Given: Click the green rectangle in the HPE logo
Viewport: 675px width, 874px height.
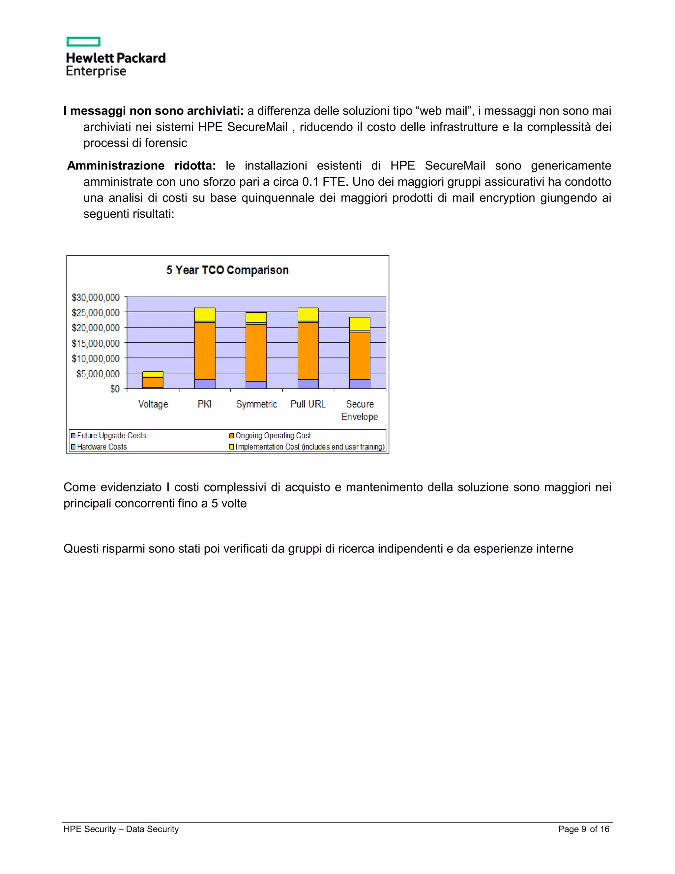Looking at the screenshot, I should click(x=83, y=42).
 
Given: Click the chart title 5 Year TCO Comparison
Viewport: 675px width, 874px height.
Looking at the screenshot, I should click(x=227, y=270).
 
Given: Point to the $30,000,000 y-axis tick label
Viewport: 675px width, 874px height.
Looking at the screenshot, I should click(x=96, y=297).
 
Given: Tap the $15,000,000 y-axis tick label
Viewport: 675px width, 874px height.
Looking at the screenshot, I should click(x=96, y=343).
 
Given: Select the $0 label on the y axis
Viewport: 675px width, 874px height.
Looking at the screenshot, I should click(x=115, y=389).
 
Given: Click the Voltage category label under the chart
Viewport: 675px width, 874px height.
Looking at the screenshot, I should click(x=153, y=404).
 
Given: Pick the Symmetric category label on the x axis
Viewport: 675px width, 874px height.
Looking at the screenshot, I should click(x=256, y=404).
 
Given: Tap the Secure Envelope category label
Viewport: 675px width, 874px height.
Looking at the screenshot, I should click(x=360, y=411).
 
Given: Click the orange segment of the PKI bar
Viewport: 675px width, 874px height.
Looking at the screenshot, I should click(x=205, y=351).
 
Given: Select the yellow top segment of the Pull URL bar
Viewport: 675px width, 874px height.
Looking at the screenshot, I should click(x=308, y=314).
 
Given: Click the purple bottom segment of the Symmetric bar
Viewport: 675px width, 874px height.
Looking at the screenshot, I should click(x=256, y=385).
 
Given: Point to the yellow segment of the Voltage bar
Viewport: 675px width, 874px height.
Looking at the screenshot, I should click(x=153, y=374).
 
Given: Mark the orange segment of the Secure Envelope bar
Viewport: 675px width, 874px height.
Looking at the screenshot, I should click(x=360, y=355).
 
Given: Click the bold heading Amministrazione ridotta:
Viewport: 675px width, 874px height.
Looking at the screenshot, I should click(x=141, y=166).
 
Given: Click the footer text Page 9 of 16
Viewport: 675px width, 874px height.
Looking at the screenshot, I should click(x=583, y=829).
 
